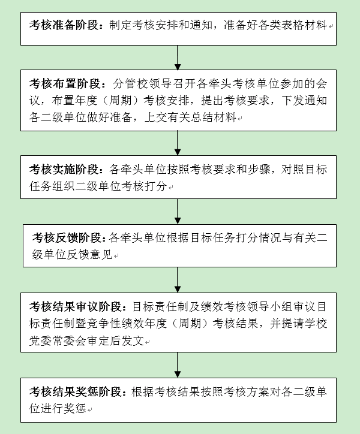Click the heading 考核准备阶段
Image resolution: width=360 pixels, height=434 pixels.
[64, 25]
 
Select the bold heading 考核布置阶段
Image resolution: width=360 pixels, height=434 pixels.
[65, 83]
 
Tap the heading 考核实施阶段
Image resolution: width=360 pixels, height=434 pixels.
[64, 170]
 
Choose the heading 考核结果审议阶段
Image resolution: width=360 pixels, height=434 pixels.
[76, 306]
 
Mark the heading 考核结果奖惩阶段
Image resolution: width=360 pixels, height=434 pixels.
[76, 391]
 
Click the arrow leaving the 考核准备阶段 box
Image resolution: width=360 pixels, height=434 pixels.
[178, 58]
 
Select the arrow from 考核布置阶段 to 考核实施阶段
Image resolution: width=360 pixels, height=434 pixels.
[178, 143]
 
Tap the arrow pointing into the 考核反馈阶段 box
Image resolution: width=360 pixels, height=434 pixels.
[178, 212]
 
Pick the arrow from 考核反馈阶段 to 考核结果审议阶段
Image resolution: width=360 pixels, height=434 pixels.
[178, 280]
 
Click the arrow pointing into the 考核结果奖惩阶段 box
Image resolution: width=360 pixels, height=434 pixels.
[178, 365]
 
